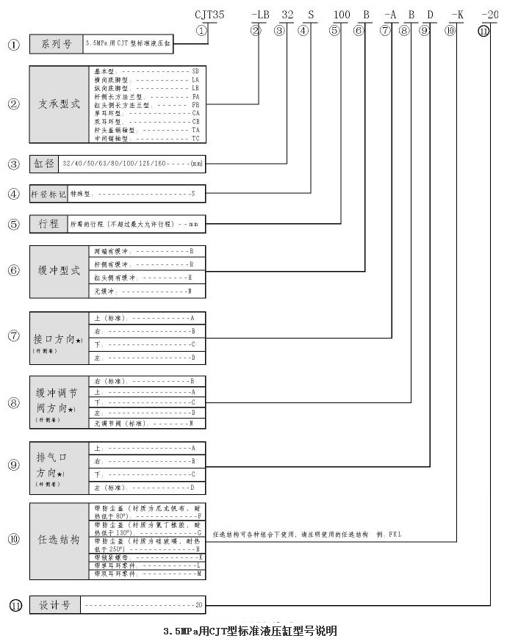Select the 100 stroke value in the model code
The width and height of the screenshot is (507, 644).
pos(341,13)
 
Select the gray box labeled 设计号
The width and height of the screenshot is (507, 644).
pos(55,605)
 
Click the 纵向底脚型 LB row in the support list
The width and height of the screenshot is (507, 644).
pos(147,87)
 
